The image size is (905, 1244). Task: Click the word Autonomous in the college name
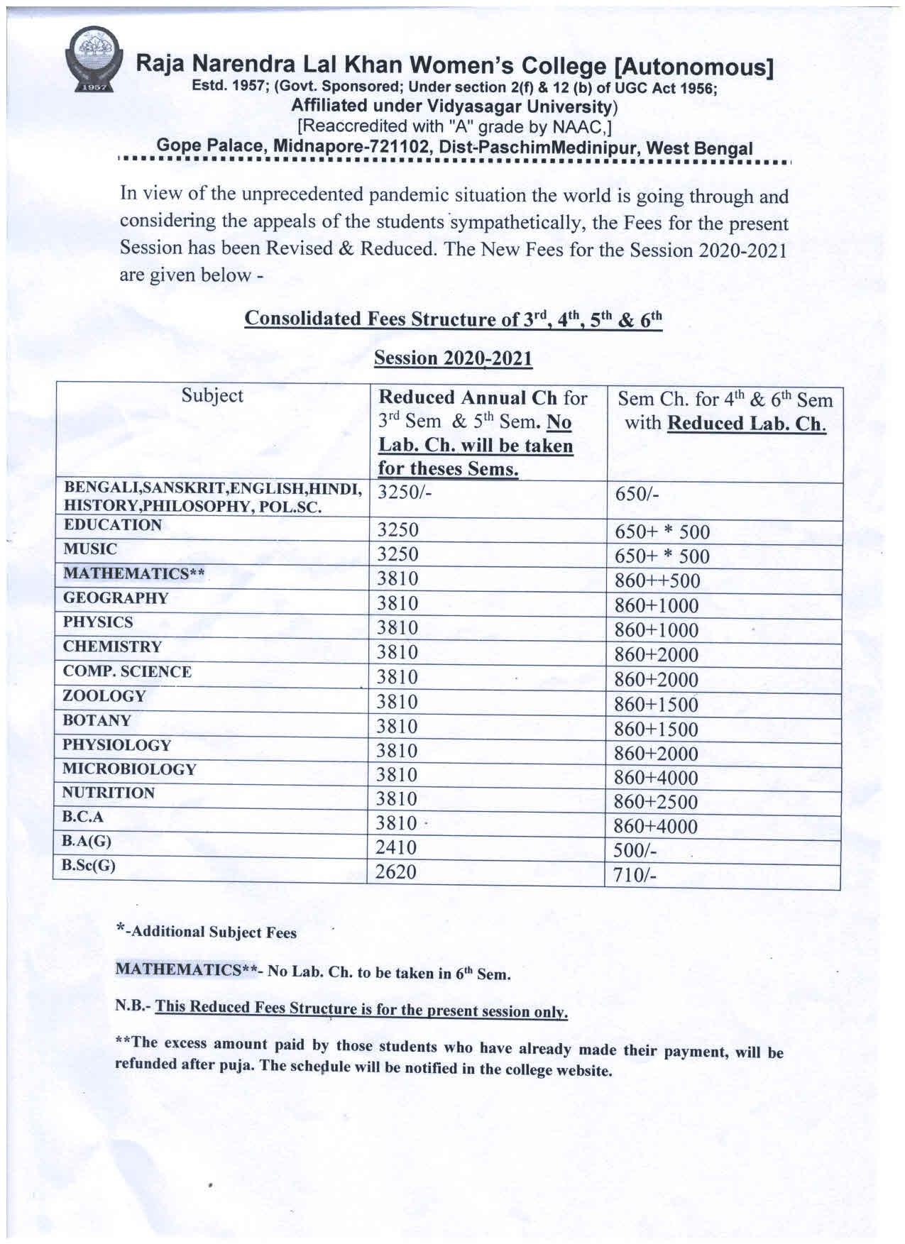693,67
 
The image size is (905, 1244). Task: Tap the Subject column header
212,395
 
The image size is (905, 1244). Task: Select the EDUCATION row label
112,525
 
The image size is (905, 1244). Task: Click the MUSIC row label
90,549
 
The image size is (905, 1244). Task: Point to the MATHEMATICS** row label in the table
133,573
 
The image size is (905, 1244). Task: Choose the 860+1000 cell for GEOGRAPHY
657,606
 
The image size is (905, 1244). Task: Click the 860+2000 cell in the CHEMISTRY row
657,655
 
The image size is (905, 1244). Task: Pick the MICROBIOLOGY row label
129,769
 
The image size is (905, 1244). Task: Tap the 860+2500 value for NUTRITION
657,802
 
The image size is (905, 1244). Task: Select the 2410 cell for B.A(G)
397,847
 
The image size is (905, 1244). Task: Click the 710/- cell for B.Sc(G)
635,876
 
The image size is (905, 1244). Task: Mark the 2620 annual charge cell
396,871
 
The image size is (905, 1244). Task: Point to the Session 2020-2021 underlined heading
453,358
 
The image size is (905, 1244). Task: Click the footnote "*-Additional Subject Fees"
206,932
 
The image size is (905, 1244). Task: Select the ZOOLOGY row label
104,696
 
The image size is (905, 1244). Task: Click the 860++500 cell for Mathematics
657,581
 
